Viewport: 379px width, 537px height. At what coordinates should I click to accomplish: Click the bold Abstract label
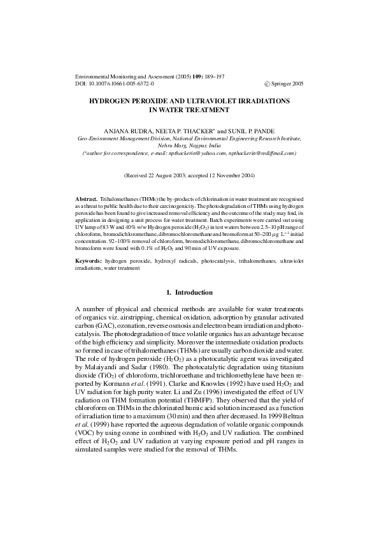point(86,200)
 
